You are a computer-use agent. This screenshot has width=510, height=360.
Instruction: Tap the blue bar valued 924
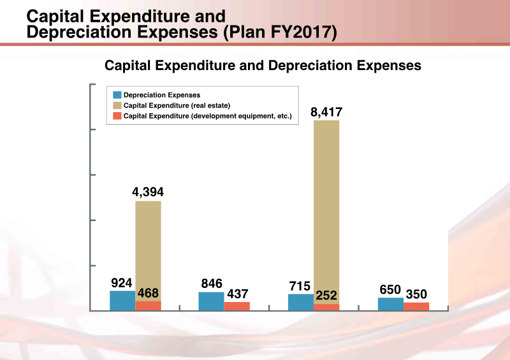coord(122,301)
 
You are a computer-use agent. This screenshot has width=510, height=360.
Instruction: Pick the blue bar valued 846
coord(211,301)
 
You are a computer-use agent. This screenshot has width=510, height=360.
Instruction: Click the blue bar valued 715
coord(301,302)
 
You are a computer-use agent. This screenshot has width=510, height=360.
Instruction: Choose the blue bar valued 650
coord(391,304)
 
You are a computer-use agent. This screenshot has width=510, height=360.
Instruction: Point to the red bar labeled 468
coord(148,306)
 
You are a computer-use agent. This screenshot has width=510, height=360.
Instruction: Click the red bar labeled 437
coord(237,306)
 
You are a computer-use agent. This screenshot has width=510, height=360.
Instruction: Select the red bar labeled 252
coord(326,307)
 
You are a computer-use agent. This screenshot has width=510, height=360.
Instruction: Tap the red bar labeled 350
coord(416,306)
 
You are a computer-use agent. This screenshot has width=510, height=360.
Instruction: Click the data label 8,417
coord(326,113)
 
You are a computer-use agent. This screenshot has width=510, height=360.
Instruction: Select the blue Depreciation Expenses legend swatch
coord(116,94)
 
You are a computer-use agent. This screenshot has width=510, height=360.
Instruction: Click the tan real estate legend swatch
coord(116,105)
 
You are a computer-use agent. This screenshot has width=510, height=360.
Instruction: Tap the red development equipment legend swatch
coord(116,116)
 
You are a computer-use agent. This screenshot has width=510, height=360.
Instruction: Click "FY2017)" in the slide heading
coord(300,31)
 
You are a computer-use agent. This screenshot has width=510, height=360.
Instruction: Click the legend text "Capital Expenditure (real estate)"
coord(177,105)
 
